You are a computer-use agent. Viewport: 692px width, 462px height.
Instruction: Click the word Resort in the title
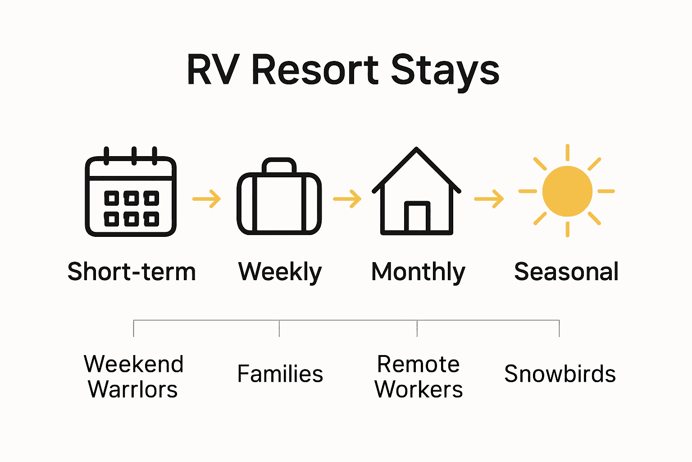(314, 69)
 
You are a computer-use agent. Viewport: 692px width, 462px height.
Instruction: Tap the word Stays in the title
(445, 70)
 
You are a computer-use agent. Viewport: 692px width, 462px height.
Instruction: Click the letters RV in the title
(212, 69)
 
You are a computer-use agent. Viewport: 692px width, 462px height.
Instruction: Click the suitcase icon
(279, 202)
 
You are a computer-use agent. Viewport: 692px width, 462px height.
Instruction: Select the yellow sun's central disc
(567, 191)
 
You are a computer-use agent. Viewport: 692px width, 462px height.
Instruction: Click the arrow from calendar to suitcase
(207, 199)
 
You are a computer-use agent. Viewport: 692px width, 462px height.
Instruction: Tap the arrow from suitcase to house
(347, 199)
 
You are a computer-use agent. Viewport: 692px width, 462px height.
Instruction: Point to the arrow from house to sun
(489, 199)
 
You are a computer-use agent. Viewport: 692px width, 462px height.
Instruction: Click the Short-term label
(132, 272)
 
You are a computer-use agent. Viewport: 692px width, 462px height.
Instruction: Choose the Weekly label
(280, 272)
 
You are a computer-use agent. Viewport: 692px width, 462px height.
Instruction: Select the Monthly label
(418, 272)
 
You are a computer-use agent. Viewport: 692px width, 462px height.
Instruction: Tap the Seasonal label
(566, 272)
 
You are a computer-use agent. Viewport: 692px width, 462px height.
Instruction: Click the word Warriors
(133, 389)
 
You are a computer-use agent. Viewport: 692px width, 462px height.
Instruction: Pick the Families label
(280, 374)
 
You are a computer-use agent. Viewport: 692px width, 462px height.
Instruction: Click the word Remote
(418, 365)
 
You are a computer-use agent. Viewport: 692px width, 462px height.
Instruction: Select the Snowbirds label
(560, 374)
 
